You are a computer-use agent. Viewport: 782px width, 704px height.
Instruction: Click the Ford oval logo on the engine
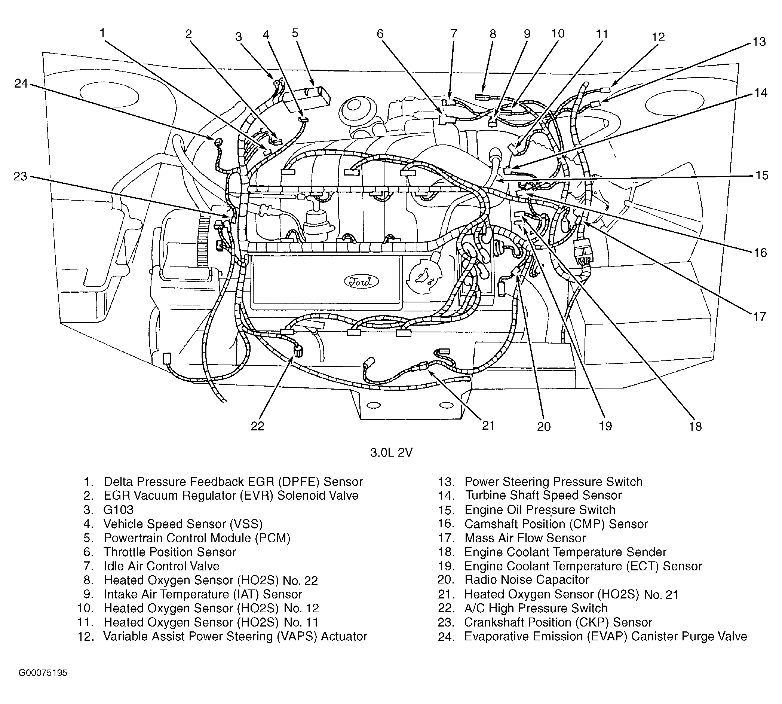tap(361, 281)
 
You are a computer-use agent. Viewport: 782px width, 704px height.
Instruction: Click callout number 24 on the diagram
tap(21, 83)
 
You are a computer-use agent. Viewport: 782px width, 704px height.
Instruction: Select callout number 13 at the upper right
tap(759, 42)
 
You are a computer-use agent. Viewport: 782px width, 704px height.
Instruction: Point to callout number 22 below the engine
tap(257, 426)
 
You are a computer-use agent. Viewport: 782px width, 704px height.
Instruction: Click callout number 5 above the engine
tap(295, 33)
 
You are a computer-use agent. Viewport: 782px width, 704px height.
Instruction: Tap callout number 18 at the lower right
tap(695, 426)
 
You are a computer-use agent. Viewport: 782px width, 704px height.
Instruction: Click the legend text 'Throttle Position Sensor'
tap(170, 552)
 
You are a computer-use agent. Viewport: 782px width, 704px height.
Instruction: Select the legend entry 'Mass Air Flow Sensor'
tap(525, 538)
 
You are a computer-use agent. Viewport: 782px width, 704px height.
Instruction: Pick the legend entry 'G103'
tap(118, 510)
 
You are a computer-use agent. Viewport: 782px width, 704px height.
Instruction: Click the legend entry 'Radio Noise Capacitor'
tap(527, 580)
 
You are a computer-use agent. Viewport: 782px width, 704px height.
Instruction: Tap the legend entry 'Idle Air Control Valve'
tap(162, 566)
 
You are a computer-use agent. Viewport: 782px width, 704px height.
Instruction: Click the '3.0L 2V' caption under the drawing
tap(391, 452)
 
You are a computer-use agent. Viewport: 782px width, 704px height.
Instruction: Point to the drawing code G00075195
tap(43, 673)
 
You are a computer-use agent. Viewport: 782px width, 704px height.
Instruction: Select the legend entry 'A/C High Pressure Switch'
tap(536, 609)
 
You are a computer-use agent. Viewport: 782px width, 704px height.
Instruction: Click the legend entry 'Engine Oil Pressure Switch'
tap(540, 510)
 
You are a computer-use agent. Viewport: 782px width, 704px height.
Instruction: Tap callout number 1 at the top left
tap(102, 33)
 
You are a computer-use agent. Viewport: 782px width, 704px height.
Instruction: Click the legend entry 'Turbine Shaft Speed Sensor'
tap(543, 496)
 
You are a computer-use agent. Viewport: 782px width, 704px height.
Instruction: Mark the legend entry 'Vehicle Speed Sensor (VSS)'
tap(183, 524)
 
